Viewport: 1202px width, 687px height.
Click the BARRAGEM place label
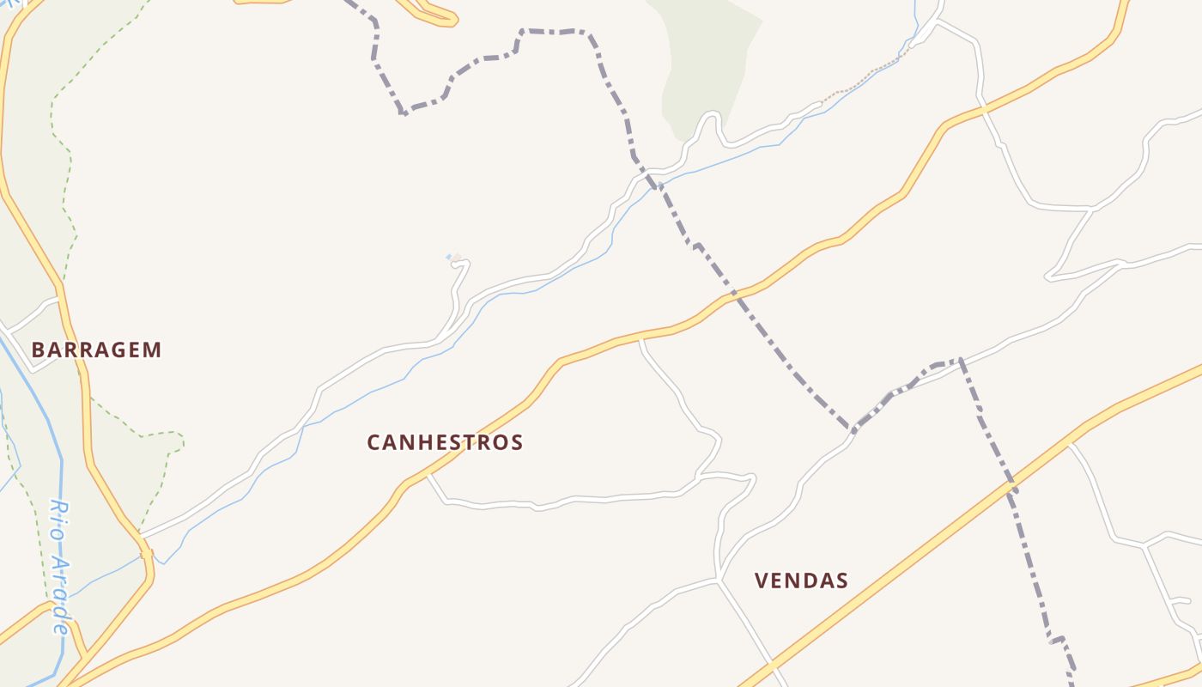pyautogui.click(x=96, y=350)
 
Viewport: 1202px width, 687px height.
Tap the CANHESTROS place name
pyautogui.click(x=445, y=442)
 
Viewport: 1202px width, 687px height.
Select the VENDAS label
pyautogui.click(x=801, y=581)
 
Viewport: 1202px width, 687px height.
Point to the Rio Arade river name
pyautogui.click(x=59, y=566)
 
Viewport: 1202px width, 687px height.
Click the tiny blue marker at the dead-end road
pyautogui.click(x=449, y=257)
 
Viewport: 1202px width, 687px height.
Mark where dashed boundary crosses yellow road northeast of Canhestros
pyautogui.click(x=734, y=294)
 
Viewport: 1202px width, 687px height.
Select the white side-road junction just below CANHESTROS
pyautogui.click(x=428, y=474)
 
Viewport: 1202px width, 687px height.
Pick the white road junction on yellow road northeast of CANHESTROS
pyautogui.click(x=640, y=338)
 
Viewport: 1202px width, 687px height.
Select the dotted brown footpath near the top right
pyautogui.click(x=859, y=82)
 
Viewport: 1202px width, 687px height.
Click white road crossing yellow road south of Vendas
pyautogui.click(x=773, y=665)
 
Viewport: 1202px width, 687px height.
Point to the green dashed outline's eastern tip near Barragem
pyautogui.click(x=183, y=441)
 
